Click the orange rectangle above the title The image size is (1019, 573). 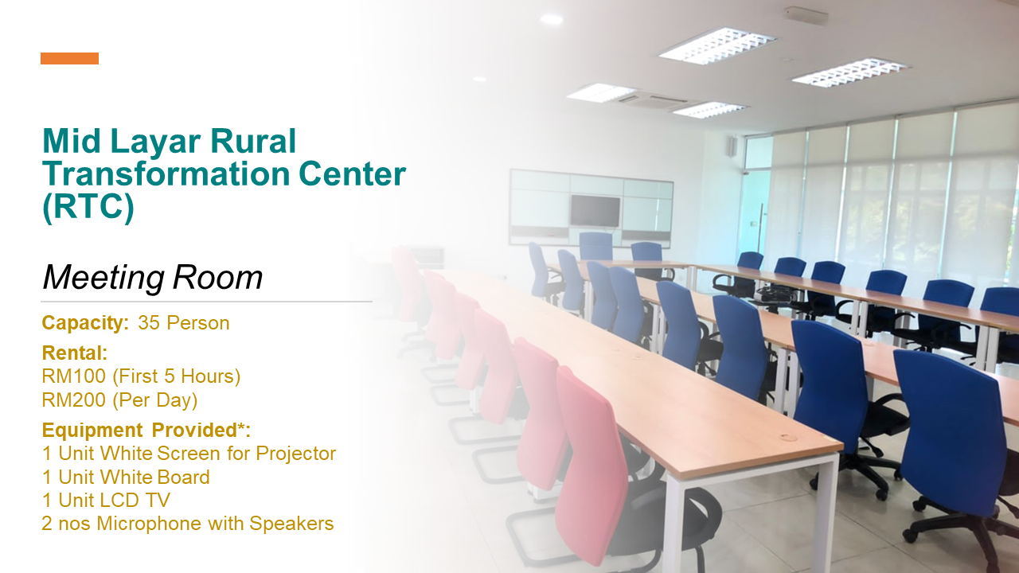[69, 58]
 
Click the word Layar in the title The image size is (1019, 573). [155, 142]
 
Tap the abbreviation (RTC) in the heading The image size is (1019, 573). [88, 207]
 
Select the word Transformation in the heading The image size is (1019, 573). [166, 173]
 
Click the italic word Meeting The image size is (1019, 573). [103, 278]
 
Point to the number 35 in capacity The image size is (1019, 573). [149, 323]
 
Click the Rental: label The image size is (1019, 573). [75, 353]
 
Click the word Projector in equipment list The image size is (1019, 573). [295, 454]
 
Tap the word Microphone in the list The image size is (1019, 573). [150, 524]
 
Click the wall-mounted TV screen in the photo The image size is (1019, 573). [595, 211]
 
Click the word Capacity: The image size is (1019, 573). [85, 323]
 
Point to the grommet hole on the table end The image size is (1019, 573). [788, 438]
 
